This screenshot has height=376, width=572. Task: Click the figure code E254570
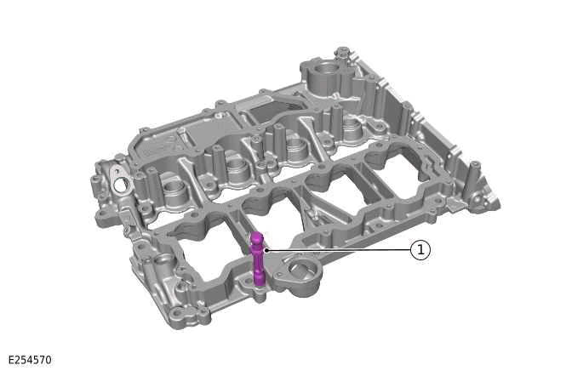pos(30,361)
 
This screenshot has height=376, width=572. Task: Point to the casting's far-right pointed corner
pos(496,204)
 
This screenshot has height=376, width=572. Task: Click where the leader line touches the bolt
pos(266,250)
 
